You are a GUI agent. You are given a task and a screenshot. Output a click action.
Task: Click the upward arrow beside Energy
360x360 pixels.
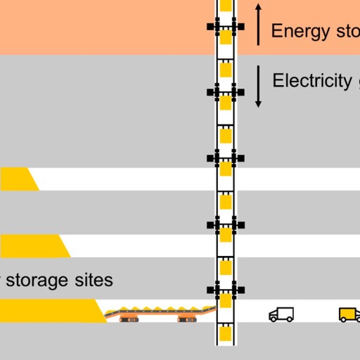[x=258, y=25]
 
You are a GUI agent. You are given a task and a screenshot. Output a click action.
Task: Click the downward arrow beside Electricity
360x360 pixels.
[x=258, y=86]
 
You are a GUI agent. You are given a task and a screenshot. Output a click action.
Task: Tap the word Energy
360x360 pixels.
[x=295, y=31]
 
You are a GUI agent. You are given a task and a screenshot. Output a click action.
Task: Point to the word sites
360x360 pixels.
[x=94, y=280]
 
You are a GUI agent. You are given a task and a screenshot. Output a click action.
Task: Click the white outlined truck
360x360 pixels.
[x=281, y=314]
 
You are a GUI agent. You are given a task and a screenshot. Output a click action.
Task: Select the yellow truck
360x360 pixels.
[x=349, y=314]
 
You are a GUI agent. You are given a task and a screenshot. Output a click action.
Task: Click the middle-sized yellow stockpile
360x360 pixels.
[x=32, y=246]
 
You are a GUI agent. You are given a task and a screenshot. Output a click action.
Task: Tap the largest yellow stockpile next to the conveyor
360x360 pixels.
[x=49, y=311]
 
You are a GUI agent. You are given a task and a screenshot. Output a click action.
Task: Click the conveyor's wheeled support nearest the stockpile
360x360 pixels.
[x=128, y=319]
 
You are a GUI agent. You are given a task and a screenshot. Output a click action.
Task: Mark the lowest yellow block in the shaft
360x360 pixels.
[x=226, y=334]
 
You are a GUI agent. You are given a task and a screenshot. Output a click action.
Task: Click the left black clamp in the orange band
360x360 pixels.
[x=210, y=27]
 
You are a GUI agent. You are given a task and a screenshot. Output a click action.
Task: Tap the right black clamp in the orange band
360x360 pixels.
[x=240, y=27]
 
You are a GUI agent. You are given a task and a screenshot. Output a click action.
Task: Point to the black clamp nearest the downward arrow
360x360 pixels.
[x=240, y=92]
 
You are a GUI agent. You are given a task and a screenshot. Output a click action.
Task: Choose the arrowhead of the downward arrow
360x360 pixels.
[x=258, y=103]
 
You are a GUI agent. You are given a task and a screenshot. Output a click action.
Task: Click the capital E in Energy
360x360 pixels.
[x=276, y=31]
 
